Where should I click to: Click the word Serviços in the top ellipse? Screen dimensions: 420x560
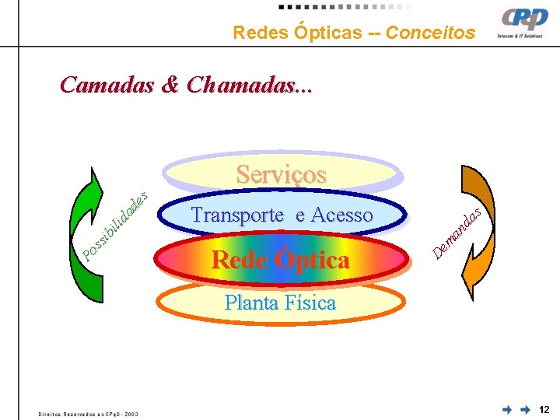point(281,174)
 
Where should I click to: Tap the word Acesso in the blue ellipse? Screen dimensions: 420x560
point(341,215)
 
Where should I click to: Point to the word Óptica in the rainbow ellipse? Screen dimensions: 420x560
point(312,260)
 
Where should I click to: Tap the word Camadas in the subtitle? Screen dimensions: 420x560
point(108,85)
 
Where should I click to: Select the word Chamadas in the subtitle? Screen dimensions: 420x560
point(249,85)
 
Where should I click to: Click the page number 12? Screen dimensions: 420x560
point(544,409)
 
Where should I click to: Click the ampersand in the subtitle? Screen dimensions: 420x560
point(170,85)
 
